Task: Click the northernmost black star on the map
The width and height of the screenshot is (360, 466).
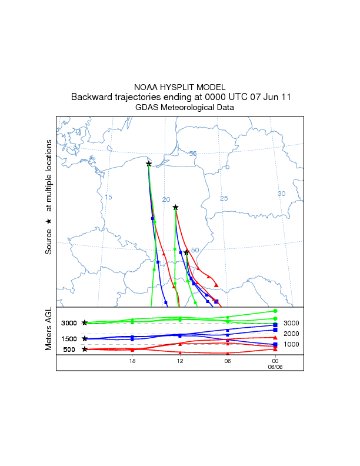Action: [x=149, y=164]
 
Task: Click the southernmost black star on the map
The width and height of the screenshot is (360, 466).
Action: [x=186, y=252]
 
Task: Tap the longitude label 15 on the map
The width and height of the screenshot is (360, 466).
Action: [x=108, y=197]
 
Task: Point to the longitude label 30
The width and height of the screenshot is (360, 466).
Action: [x=281, y=194]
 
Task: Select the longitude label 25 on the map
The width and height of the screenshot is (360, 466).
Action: [x=224, y=198]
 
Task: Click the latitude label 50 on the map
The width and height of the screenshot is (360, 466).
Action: [x=195, y=250]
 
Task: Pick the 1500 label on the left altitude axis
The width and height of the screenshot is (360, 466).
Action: [x=69, y=339]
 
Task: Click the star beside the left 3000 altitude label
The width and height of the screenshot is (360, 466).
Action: [x=85, y=322]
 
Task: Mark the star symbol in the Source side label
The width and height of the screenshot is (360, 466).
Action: [x=49, y=221]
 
